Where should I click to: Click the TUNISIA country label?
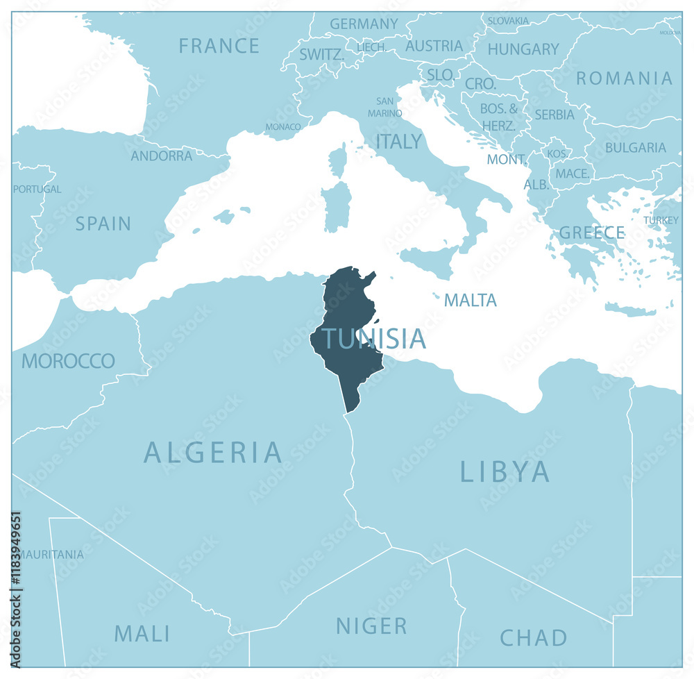click(373, 339)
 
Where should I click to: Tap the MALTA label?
click(470, 301)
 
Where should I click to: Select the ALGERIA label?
click(213, 453)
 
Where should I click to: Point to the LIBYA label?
click(505, 472)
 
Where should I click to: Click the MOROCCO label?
click(68, 361)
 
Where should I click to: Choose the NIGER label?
click(371, 626)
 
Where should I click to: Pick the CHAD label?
click(533, 637)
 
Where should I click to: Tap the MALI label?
click(142, 633)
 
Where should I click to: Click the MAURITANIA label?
click(50, 555)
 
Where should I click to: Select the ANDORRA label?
click(162, 156)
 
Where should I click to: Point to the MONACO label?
click(283, 127)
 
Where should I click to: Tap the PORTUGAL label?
click(37, 189)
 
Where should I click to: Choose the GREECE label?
click(591, 233)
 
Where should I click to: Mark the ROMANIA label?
click(624, 78)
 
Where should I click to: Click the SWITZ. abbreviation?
click(321, 54)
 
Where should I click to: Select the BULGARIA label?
click(635, 148)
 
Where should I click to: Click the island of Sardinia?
click(337, 206)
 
